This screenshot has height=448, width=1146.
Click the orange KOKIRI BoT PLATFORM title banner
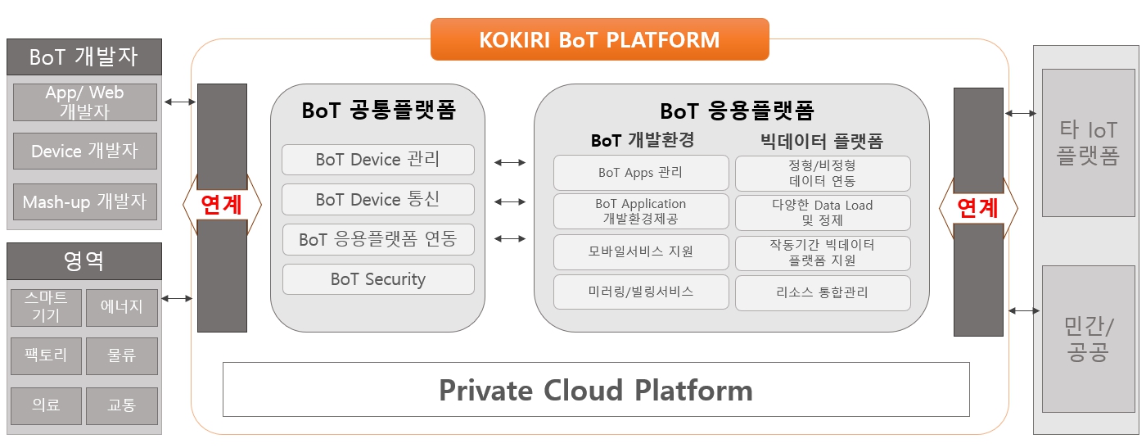click(599, 39)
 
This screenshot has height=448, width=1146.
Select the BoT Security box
click(378, 279)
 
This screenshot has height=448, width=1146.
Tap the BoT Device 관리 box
click(378, 159)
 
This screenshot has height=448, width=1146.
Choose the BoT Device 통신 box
click(378, 199)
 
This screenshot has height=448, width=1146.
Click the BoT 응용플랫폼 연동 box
click(378, 239)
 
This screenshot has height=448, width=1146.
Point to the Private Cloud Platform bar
click(596, 390)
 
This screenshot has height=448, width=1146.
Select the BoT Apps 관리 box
click(641, 173)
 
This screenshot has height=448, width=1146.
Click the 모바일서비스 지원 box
click(641, 251)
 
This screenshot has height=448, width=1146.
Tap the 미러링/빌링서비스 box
click(641, 292)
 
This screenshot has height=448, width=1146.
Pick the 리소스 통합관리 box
click(823, 292)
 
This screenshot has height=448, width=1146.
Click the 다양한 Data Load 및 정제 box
click(823, 213)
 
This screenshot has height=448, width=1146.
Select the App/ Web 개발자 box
click(85, 102)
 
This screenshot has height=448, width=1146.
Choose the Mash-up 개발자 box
click(85, 201)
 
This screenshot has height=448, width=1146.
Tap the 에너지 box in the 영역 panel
click(122, 307)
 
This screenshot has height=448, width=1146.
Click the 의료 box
click(47, 405)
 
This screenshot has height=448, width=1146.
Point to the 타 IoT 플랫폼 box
click(1088, 143)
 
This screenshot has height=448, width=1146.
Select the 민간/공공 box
click(1088, 339)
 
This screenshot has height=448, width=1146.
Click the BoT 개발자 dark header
click(84, 57)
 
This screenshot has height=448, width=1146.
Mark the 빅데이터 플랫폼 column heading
click(823, 141)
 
